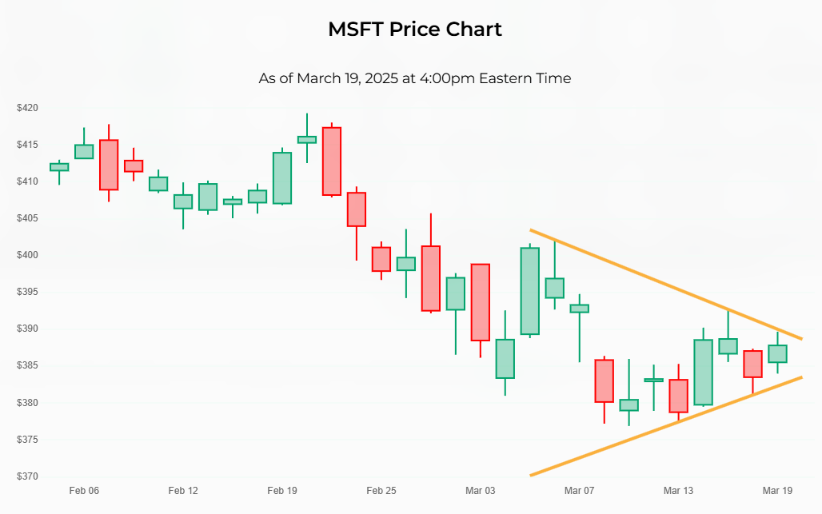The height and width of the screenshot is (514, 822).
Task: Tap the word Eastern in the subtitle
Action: click(506, 78)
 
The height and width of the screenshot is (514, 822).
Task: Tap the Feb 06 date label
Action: click(84, 491)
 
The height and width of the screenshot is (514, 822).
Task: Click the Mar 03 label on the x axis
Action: click(480, 491)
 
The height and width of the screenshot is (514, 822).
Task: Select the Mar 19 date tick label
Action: click(777, 491)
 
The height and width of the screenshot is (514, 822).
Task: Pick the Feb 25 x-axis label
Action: click(381, 491)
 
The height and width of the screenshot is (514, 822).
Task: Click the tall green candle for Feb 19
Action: click(281, 177)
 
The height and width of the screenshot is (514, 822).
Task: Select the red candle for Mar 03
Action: click(480, 302)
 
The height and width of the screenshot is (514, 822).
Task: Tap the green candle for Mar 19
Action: click(777, 353)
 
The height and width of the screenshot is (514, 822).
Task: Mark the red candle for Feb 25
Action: click(381, 259)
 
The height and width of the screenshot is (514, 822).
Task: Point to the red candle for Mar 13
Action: click(678, 396)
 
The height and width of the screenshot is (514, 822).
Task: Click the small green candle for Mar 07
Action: click(579, 308)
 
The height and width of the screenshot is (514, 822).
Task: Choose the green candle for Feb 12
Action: click(183, 201)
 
